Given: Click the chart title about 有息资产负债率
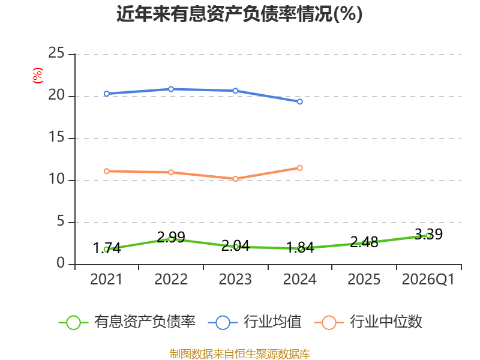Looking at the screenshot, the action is pyautogui.click(x=239, y=14).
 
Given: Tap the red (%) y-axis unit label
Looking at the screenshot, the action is pyautogui.click(x=38, y=76).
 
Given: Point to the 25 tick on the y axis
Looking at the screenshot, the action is pyautogui.click(x=56, y=53).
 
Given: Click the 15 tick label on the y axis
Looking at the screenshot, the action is pyautogui.click(x=56, y=137).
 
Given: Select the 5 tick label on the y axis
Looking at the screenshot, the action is pyautogui.click(x=61, y=221).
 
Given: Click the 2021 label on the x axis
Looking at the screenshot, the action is pyautogui.click(x=106, y=280).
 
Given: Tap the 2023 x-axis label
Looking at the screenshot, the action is pyautogui.click(x=235, y=280).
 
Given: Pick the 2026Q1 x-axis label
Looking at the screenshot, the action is pyautogui.click(x=428, y=280).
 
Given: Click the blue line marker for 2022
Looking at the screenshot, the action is pyautogui.click(x=171, y=89).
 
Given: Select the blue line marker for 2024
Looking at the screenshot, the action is pyautogui.click(x=299, y=101).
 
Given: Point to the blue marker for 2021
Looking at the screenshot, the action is pyautogui.click(x=107, y=94).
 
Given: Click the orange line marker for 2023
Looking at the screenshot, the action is pyautogui.click(x=235, y=179).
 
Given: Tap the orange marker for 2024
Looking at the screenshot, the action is pyautogui.click(x=299, y=168).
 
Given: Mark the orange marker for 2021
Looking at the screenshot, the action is pyautogui.click(x=107, y=171).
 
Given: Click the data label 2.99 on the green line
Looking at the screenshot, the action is pyautogui.click(x=171, y=237).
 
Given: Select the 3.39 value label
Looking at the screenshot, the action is pyautogui.click(x=428, y=235).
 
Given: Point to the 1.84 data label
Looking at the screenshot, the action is pyautogui.click(x=300, y=247).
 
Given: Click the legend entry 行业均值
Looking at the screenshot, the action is pyautogui.click(x=254, y=322).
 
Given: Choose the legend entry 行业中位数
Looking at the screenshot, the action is pyautogui.click(x=368, y=322).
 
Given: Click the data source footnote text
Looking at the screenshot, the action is pyautogui.click(x=240, y=354).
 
